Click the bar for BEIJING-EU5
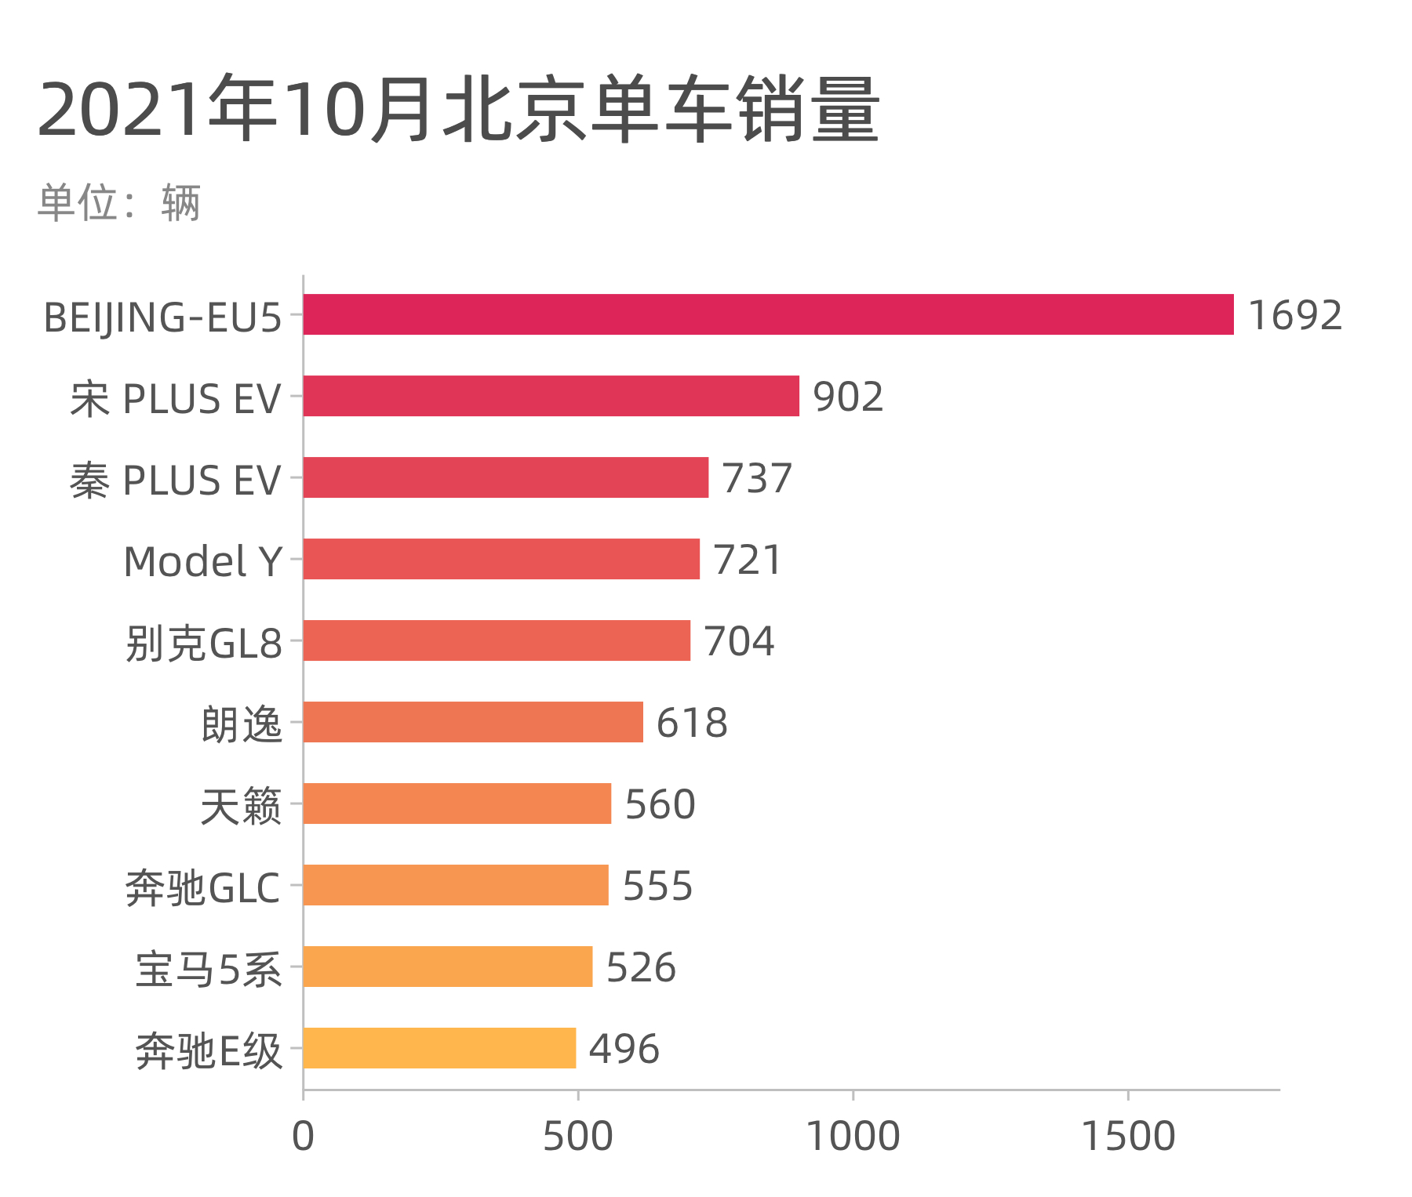(x=768, y=314)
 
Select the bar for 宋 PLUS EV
(x=551, y=396)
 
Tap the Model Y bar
(x=501, y=559)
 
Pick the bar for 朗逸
(x=473, y=722)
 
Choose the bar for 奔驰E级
(x=439, y=1048)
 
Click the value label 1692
(x=1294, y=315)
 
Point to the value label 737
(x=757, y=478)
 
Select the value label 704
(x=739, y=641)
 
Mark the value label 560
(x=660, y=804)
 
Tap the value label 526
(x=641, y=967)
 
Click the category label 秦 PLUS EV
(x=175, y=480)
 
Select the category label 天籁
(x=241, y=806)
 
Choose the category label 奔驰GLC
(x=202, y=887)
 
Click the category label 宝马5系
(x=208, y=969)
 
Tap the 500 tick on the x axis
(x=577, y=1137)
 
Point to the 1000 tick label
(x=853, y=1137)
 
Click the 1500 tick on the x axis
(x=1128, y=1137)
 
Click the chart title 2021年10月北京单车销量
(x=459, y=110)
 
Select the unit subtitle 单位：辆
(x=119, y=203)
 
